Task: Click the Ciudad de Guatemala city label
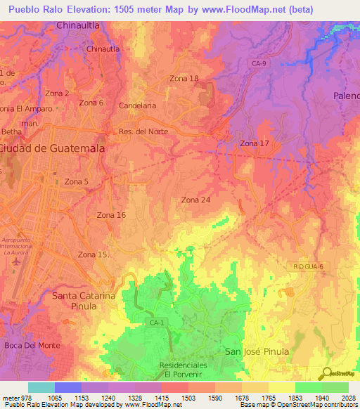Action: (53, 148)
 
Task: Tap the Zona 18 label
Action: (184, 79)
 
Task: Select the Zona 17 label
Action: (255, 143)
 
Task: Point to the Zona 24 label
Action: (195, 200)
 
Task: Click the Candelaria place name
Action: (138, 105)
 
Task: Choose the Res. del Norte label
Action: (143, 131)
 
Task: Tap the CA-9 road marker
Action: (259, 64)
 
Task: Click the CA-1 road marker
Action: (156, 323)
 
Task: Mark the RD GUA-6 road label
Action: (308, 266)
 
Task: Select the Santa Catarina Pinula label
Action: (84, 301)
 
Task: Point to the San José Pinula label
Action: (257, 351)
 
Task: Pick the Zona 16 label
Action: (111, 215)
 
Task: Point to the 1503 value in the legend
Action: (188, 398)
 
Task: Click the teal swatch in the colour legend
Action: (41, 387)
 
